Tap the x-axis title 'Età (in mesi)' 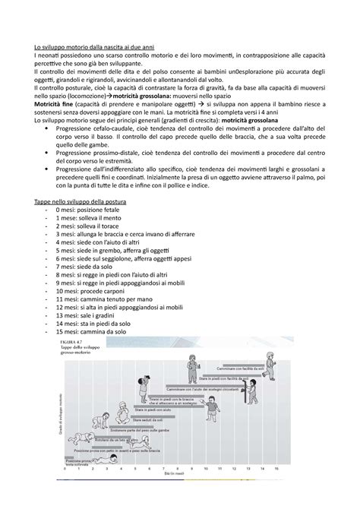click(x=197, y=492)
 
